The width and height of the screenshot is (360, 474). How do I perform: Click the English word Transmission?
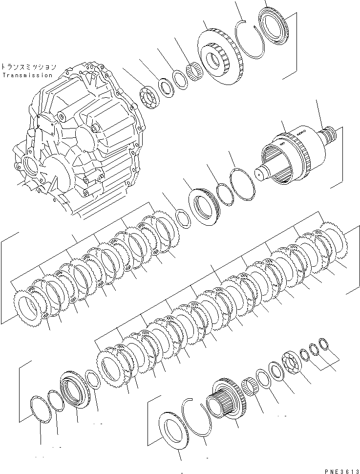[27, 75]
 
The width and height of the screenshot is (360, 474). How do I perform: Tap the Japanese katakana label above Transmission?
[28, 67]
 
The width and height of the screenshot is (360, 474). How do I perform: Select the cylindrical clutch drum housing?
[293, 156]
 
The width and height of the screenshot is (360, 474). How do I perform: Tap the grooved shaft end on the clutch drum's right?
[331, 135]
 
